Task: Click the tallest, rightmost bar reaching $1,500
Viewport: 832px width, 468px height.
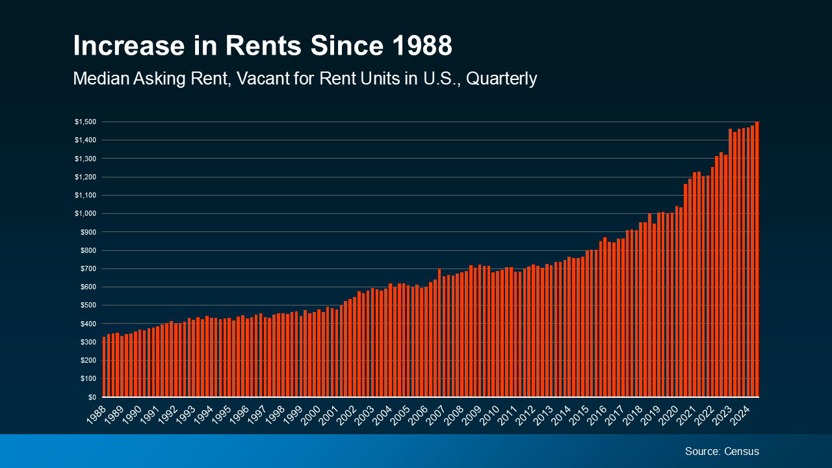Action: [757, 260]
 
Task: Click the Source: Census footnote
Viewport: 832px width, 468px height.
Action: [721, 451]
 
